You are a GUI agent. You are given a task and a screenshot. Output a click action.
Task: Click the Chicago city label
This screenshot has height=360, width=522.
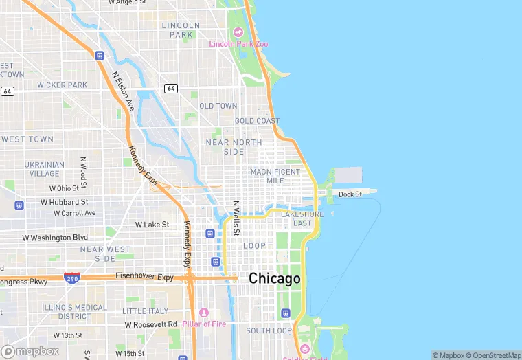[274, 278]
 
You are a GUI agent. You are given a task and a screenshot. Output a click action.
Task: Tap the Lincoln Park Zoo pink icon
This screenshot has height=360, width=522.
[238, 32]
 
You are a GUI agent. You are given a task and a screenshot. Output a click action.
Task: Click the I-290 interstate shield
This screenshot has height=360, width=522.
[71, 278]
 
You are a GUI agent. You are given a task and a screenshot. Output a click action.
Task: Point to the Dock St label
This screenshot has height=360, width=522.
[350, 194]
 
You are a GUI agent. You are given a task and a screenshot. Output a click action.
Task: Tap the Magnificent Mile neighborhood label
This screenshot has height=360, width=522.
[275, 176]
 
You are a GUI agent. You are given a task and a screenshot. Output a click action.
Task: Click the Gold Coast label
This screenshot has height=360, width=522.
[257, 121]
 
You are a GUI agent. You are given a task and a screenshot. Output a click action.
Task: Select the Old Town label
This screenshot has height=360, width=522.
[218, 106]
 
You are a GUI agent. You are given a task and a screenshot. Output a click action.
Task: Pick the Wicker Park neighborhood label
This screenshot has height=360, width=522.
[63, 85]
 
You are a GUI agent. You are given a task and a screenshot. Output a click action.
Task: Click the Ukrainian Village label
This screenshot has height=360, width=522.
[45, 169]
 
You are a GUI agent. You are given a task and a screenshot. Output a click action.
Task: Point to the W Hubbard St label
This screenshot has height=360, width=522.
[65, 202]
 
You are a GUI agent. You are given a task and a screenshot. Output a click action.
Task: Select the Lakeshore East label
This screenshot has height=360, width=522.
[302, 218]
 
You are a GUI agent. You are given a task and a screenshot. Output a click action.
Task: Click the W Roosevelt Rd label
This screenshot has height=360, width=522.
[150, 324]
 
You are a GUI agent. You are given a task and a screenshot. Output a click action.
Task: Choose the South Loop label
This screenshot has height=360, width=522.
[269, 330]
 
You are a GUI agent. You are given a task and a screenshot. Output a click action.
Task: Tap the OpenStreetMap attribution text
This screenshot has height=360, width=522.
[493, 355]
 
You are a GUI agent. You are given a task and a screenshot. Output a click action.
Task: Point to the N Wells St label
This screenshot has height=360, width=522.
[235, 218]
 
